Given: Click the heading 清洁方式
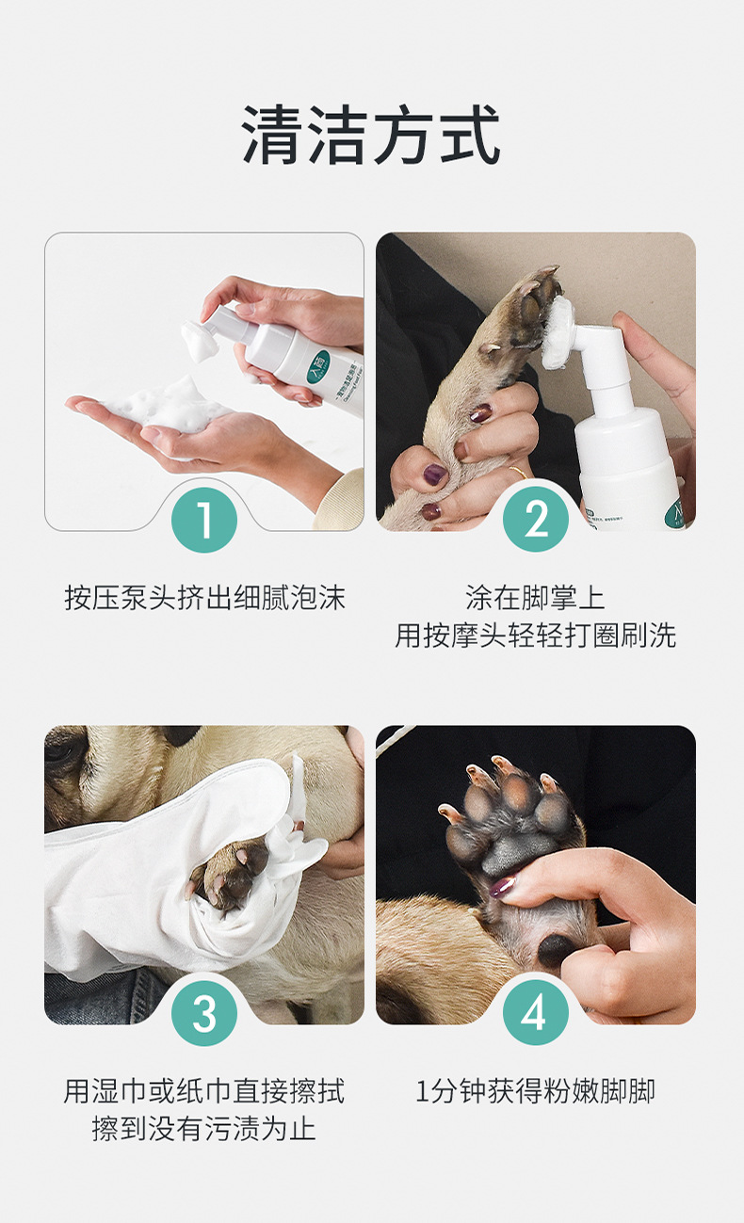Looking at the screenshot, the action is (x=371, y=135).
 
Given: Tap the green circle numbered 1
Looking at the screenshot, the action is (x=204, y=520).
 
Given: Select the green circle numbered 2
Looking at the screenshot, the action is (x=536, y=519).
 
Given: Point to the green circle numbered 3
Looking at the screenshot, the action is (x=204, y=1013).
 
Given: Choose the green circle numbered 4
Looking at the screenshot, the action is (x=536, y=1012).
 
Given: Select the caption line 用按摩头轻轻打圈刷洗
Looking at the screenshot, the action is (x=535, y=635).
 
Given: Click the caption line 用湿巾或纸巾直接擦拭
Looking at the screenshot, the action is (x=204, y=1091).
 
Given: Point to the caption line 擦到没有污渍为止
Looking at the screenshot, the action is (x=204, y=1129).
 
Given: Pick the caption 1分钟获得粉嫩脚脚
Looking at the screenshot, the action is (x=535, y=1091).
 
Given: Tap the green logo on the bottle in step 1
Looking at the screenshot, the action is (x=318, y=362).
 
